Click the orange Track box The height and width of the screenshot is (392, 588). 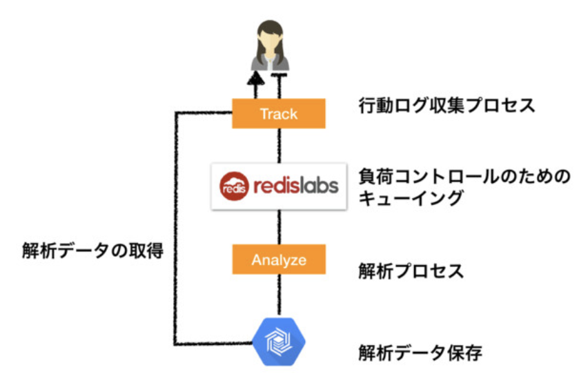click(278, 114)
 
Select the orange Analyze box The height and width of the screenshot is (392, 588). click(278, 260)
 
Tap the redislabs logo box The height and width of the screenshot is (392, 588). click(278, 186)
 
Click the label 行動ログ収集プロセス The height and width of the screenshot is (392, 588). click(447, 106)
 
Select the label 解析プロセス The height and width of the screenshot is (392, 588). click(411, 271)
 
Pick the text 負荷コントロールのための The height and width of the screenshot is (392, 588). click(464, 177)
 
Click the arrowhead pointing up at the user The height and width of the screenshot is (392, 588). click(256, 78)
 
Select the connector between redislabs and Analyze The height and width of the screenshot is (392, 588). click(279, 227)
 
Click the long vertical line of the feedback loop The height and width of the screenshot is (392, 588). click(175, 228)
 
